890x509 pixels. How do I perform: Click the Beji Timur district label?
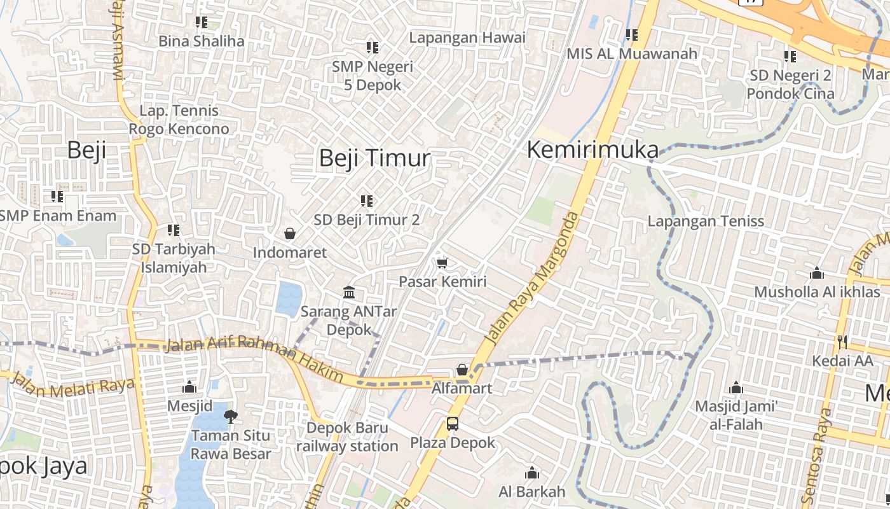(x=374, y=158)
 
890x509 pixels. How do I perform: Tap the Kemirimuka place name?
(x=592, y=150)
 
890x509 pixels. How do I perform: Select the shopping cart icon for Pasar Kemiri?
(x=442, y=263)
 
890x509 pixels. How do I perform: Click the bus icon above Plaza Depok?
(x=452, y=423)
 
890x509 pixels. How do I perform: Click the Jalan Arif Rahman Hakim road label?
(x=254, y=361)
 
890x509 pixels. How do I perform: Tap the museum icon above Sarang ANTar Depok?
(x=349, y=293)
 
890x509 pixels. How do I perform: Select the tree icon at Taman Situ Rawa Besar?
(x=231, y=417)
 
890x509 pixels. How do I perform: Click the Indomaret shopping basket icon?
(x=290, y=234)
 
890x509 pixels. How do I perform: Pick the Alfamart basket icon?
(x=462, y=370)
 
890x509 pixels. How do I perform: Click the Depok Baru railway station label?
(x=347, y=437)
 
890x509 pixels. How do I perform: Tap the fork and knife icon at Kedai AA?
(x=842, y=342)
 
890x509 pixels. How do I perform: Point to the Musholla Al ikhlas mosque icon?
(x=817, y=274)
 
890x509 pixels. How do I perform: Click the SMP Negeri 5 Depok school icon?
(x=373, y=48)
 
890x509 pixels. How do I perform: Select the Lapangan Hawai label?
(x=467, y=38)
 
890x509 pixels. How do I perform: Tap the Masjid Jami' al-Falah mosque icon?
(x=736, y=387)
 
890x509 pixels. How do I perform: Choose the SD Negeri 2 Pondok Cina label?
(x=790, y=84)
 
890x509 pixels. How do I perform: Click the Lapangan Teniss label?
(x=706, y=221)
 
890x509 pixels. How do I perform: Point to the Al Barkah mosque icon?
(x=532, y=473)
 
